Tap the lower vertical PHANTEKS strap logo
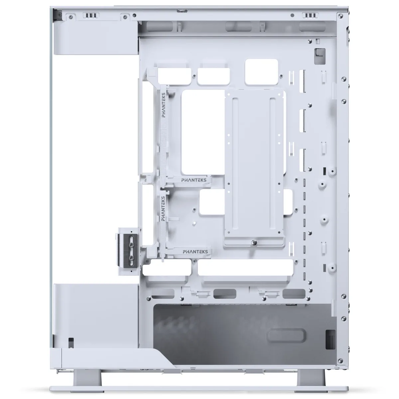(163, 208)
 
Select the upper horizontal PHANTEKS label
(194, 180)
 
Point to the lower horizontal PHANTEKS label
(195, 252)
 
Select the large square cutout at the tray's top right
(261, 71)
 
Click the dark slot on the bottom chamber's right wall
(330, 339)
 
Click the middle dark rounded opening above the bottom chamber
(225, 293)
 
